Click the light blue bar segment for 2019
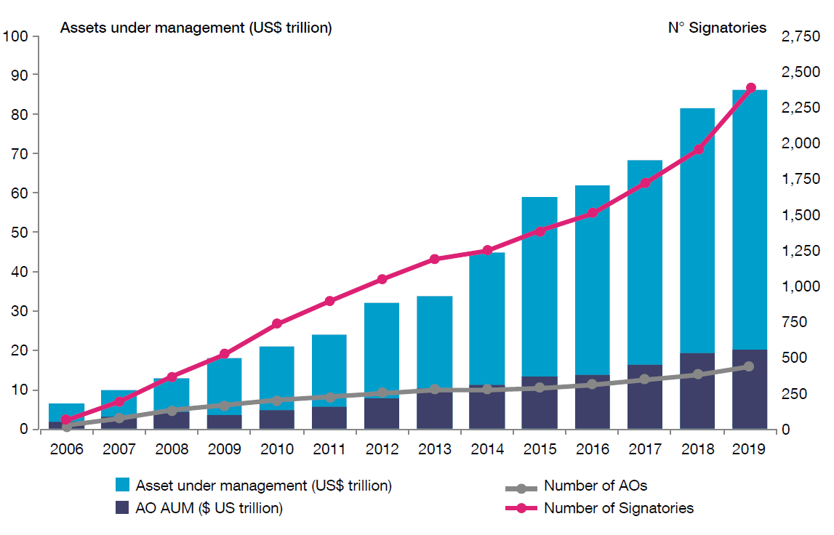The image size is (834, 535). click(750, 218)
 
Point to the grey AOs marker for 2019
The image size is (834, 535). click(750, 366)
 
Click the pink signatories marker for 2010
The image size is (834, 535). click(276, 323)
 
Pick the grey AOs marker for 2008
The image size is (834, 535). click(172, 411)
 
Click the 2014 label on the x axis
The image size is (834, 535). click(486, 449)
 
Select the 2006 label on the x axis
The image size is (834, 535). click(66, 449)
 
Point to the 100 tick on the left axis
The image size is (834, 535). click(16, 36)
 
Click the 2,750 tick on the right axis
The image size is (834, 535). click(799, 36)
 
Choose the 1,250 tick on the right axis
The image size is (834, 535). click(799, 251)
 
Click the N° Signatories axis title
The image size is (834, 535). click(717, 28)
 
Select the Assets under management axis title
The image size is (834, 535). click(196, 28)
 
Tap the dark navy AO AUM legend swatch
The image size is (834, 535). click(122, 508)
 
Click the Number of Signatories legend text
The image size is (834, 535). click(619, 508)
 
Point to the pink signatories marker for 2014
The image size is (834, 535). click(487, 251)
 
